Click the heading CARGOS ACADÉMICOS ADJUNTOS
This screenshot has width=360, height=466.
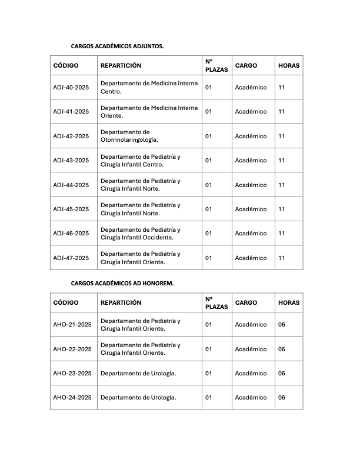click(x=117, y=45)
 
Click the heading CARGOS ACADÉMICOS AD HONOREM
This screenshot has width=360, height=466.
click(x=122, y=283)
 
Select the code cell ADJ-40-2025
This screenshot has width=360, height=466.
click(x=71, y=87)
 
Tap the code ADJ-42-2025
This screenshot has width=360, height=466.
click(x=71, y=136)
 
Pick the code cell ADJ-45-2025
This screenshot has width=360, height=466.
click(x=71, y=209)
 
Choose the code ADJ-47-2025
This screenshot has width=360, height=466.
click(x=71, y=258)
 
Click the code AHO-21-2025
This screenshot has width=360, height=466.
click(x=72, y=324)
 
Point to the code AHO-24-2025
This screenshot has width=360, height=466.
click(x=72, y=397)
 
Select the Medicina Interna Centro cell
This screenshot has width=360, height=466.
click(x=149, y=87)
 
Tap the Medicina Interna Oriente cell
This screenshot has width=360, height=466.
click(x=149, y=111)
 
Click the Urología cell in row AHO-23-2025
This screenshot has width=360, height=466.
click(x=138, y=373)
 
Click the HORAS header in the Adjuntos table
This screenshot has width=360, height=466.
click(x=289, y=65)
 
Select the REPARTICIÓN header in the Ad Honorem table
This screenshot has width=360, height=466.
click(x=121, y=302)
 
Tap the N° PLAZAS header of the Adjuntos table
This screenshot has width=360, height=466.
click(x=216, y=65)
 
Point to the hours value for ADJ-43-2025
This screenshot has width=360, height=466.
click(x=281, y=160)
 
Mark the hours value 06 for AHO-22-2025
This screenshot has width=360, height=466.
click(x=281, y=349)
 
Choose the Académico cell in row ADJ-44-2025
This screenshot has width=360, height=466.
click(x=251, y=185)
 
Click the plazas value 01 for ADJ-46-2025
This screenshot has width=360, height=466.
click(x=208, y=233)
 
